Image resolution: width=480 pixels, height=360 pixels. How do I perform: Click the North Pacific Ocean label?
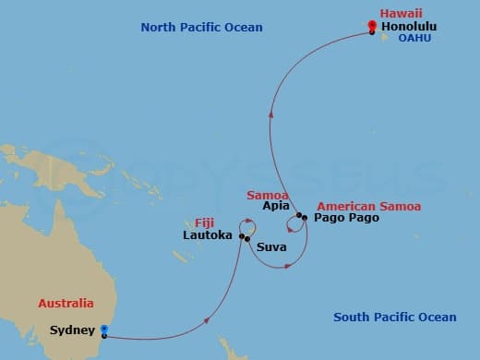(201, 28)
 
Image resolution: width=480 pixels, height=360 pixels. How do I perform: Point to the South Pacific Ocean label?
(394, 318)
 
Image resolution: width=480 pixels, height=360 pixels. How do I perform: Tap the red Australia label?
(66, 303)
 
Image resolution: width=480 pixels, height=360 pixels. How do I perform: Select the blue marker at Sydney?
(103, 329)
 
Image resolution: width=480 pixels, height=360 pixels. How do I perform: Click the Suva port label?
(270, 247)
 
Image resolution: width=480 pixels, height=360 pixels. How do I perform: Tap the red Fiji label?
(206, 222)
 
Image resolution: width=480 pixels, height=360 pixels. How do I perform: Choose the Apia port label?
(276, 207)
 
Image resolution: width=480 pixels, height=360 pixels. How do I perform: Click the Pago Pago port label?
(343, 219)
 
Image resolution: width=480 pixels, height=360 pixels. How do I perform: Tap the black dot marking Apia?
(299, 215)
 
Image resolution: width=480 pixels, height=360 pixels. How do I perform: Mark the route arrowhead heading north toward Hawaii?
(270, 116)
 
